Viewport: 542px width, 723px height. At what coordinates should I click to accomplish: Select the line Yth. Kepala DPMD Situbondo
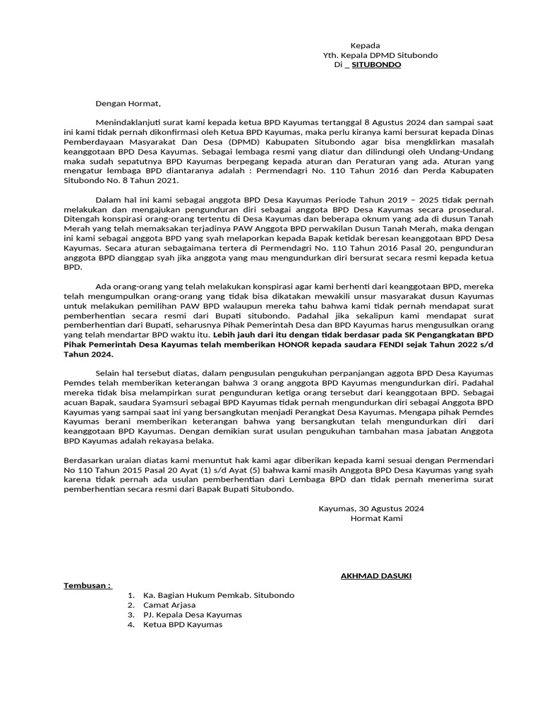point(380,55)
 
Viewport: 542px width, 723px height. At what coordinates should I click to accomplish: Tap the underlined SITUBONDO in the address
point(377,65)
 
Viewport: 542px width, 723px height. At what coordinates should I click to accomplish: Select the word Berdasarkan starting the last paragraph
point(88,460)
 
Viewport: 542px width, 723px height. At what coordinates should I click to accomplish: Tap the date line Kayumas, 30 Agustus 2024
point(371,508)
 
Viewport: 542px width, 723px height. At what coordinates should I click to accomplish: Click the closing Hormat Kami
point(377,518)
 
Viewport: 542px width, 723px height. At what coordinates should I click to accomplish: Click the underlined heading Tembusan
point(88,586)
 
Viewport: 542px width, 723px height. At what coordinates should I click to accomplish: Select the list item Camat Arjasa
point(169,605)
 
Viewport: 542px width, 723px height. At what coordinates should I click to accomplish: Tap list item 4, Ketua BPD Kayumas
point(182,624)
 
